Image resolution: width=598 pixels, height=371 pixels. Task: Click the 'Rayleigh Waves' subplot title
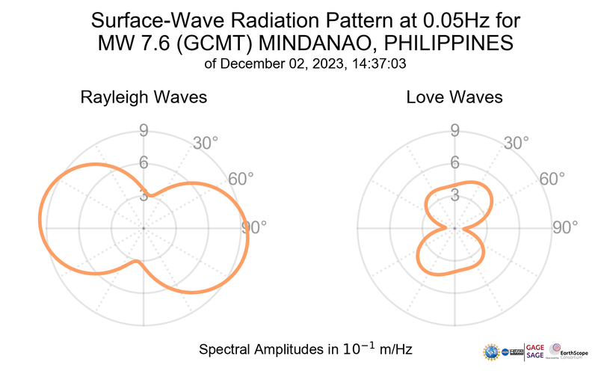point(144,97)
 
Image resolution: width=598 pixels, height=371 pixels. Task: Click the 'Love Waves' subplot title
point(454,97)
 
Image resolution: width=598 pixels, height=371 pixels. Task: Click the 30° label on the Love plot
point(517,142)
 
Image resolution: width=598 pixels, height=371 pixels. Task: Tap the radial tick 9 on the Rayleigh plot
point(143,132)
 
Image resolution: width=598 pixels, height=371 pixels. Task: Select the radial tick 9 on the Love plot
point(454,132)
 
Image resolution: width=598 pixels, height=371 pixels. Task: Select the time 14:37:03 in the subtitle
point(377,64)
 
